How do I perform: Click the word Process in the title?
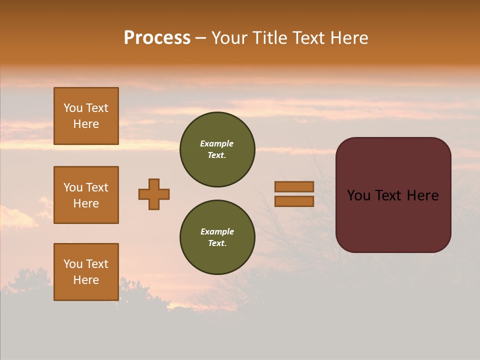coord(157,38)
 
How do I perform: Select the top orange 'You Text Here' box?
coord(86,116)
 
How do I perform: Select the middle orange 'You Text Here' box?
coord(86,195)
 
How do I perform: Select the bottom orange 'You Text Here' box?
coord(86,272)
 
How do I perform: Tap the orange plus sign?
coord(154,194)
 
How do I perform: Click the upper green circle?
coord(217,149)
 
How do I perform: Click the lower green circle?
coord(217,237)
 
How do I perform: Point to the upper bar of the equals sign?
coord(294,186)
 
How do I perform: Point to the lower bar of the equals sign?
coord(294,201)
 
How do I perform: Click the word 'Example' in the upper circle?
coord(217,143)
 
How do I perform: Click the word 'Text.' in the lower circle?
coord(217,243)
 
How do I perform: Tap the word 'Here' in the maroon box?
coord(422,195)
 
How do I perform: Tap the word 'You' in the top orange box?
coord(72,108)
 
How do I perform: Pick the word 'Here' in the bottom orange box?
coord(86,280)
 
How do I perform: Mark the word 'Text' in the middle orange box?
coord(97,187)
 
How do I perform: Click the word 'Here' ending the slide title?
coord(350,38)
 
